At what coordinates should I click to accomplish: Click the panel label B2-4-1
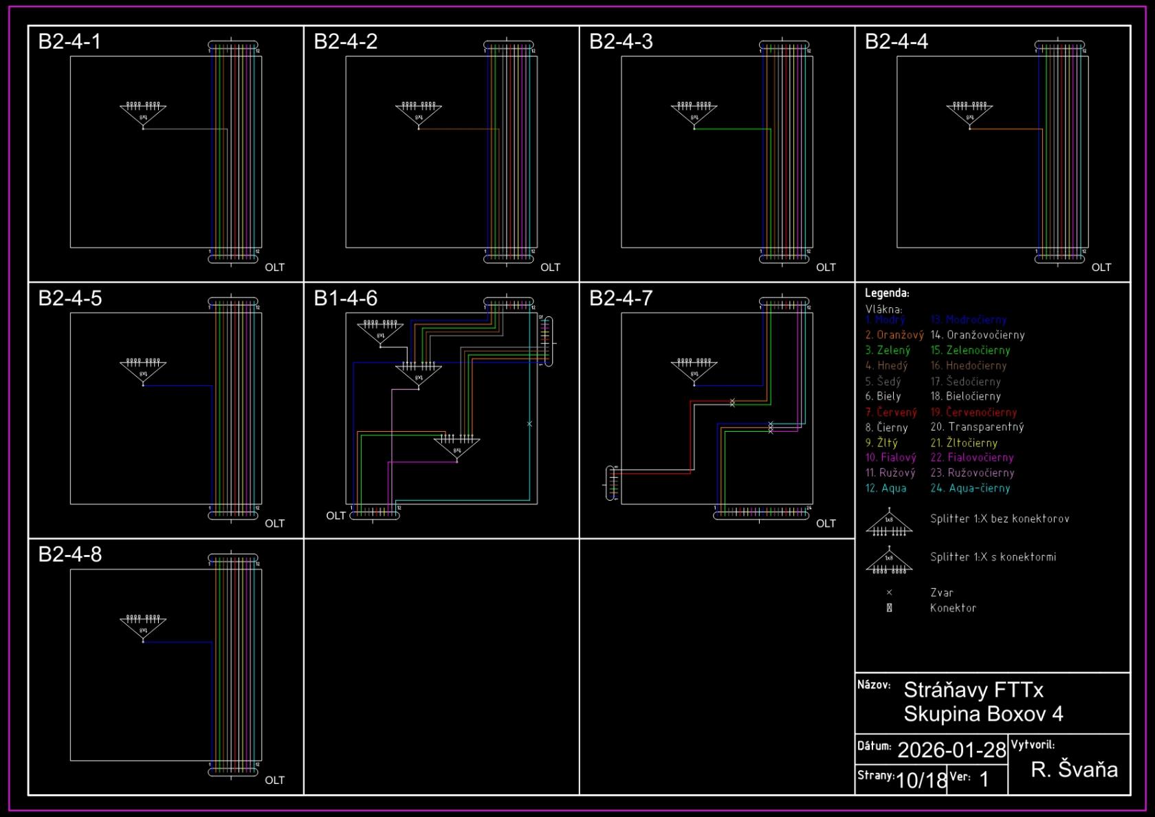(69, 42)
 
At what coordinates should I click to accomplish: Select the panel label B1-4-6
(345, 298)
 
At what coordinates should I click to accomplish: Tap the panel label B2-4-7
(621, 298)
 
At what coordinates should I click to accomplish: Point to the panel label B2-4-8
(69, 554)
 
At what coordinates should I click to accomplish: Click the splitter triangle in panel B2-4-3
(694, 115)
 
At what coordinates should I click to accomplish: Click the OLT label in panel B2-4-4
(1101, 268)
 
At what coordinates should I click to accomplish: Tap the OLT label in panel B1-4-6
(335, 516)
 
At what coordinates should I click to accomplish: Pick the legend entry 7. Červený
(891, 413)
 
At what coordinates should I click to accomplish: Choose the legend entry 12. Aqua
(885, 488)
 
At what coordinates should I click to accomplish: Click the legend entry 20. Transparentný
(977, 427)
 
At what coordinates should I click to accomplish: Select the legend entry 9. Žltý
(881, 443)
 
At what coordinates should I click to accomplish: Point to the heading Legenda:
(887, 293)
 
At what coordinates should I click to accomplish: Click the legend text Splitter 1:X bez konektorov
(1000, 519)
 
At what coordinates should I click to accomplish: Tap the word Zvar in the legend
(941, 593)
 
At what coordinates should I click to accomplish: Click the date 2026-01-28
(951, 750)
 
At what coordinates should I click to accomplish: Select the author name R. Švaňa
(1074, 770)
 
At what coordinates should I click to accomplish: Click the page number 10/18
(921, 781)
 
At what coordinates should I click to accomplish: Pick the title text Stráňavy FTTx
(973, 690)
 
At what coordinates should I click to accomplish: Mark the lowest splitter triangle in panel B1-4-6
(456, 447)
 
